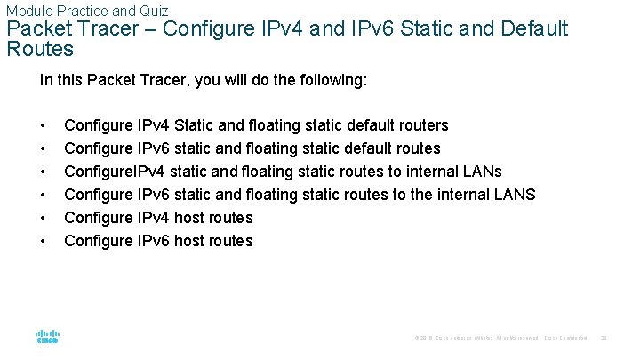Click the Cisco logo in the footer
click(x=47, y=338)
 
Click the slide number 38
click(x=604, y=338)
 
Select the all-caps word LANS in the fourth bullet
click(x=515, y=195)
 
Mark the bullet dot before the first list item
click(x=43, y=125)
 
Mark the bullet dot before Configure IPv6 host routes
click(x=43, y=241)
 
